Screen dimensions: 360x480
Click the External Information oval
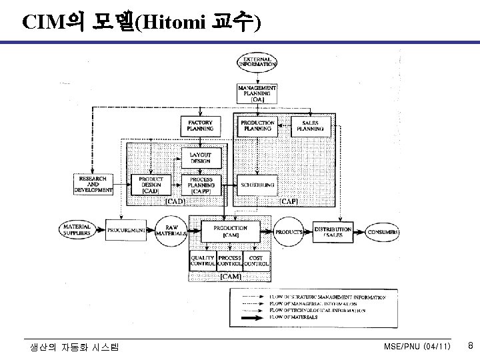pos(257,63)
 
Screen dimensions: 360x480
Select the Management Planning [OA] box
pos(257,92)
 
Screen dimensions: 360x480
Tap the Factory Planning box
pos(199,126)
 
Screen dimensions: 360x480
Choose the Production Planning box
pos(257,126)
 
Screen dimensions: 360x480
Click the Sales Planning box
pos(309,126)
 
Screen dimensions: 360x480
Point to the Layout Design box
pos(199,158)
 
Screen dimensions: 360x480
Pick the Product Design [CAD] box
pos(151,185)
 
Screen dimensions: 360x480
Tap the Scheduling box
pos(257,185)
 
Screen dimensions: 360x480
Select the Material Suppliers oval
pos(77,231)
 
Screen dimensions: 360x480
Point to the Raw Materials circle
pos(172,231)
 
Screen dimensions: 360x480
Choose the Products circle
pos(288,231)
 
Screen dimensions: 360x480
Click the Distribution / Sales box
pos(333,231)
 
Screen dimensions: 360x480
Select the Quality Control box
pos(203,261)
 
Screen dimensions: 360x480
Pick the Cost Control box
pos(256,261)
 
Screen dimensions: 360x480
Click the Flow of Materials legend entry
pos(313,318)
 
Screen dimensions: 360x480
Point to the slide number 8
pos(470,346)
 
